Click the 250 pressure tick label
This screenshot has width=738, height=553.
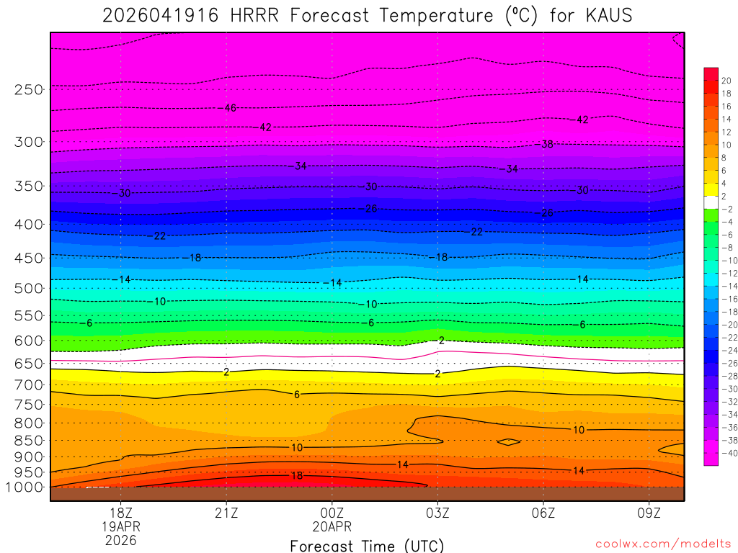28,90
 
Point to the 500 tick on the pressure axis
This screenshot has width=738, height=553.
28,288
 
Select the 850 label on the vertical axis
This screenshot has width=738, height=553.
28,440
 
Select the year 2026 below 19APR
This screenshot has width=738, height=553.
121,539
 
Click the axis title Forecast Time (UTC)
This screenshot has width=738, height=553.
367,546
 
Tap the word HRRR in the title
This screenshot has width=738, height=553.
253,15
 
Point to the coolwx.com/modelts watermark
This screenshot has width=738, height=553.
662,544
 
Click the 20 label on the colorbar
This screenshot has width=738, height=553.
726,81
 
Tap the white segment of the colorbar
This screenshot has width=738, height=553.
711,202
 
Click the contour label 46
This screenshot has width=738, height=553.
230,108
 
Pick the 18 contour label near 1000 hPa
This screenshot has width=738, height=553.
296,476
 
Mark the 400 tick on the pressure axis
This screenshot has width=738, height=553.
28,225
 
